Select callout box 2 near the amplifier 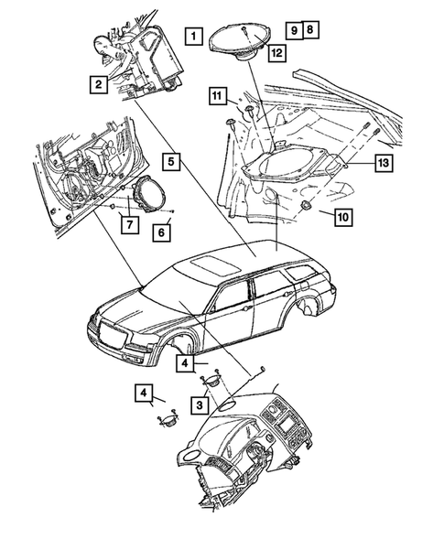[x=96, y=86]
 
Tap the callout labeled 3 [x=198, y=404]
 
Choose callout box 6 [x=160, y=232]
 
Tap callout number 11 [x=342, y=217]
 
